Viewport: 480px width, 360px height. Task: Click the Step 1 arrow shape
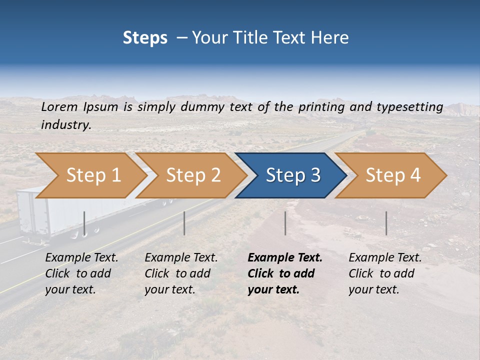90,175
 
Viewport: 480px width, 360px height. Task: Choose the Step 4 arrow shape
392,175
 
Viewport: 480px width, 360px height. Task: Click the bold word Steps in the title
145,38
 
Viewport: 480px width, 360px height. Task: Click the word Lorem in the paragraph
59,107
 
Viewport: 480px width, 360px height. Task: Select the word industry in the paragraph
66,125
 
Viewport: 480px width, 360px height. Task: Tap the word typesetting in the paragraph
409,107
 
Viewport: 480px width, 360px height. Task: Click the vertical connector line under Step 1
84,223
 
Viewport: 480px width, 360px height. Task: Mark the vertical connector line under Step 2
184,223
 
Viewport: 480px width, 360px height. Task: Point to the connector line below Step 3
285,223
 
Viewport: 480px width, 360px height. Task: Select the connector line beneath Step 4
386,223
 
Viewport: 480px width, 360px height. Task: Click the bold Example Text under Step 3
285,258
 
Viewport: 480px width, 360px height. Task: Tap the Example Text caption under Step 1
81,258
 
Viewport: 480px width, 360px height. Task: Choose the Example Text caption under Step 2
181,258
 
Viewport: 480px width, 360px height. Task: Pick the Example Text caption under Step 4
385,258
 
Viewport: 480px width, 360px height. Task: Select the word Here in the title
330,38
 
